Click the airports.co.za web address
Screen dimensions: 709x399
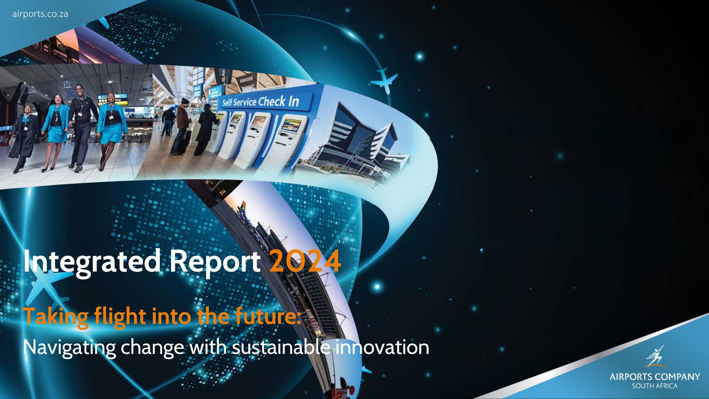[40, 14]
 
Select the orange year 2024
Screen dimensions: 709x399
[305, 261]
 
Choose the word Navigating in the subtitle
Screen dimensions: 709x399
[69, 348]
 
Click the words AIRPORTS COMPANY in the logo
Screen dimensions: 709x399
[655, 377]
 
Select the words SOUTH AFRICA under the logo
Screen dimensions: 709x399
[655, 386]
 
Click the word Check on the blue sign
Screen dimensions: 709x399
[272, 101]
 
